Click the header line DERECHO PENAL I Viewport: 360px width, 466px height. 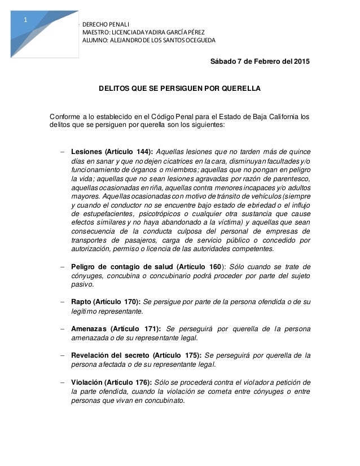pos(106,24)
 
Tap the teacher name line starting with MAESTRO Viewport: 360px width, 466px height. pos(143,32)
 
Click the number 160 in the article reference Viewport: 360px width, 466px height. pos(214,267)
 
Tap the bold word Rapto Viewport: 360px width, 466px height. pos(82,302)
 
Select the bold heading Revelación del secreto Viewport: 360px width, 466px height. pos(111,355)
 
